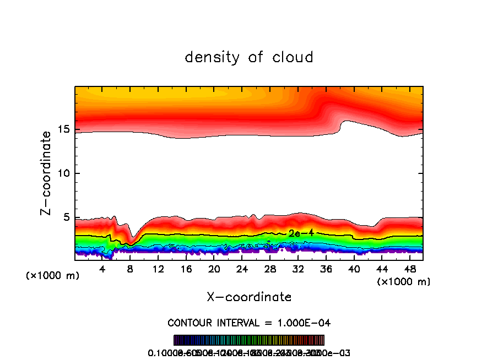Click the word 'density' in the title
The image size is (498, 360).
pyautogui.click(x=213, y=57)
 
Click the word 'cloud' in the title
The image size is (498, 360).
pyautogui.click(x=293, y=57)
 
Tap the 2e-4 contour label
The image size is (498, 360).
pyautogui.click(x=301, y=233)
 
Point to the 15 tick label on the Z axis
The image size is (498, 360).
pyautogui.click(x=64, y=130)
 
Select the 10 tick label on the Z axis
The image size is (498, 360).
pyautogui.click(x=64, y=174)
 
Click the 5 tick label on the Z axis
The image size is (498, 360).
pyautogui.click(x=67, y=218)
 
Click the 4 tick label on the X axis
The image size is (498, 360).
pyautogui.click(x=102, y=269)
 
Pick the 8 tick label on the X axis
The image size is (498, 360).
pyautogui.click(x=131, y=269)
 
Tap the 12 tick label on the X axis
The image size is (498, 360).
pyautogui.click(x=158, y=269)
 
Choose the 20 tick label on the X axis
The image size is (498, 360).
pyautogui.click(x=214, y=269)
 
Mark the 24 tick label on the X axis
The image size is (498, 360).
pyautogui.click(x=242, y=269)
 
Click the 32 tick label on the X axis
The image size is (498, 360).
pyautogui.click(x=297, y=269)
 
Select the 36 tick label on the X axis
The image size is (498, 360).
pyautogui.click(x=326, y=269)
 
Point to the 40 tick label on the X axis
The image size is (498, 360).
pyautogui.click(x=354, y=269)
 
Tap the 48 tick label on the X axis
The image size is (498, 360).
pyautogui.click(x=409, y=269)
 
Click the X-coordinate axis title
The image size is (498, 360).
pyautogui.click(x=249, y=297)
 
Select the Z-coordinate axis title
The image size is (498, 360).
pyautogui.click(x=46, y=173)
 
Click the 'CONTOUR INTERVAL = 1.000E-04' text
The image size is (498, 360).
pyautogui.click(x=249, y=323)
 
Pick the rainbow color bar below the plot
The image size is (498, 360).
pyautogui.click(x=249, y=340)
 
